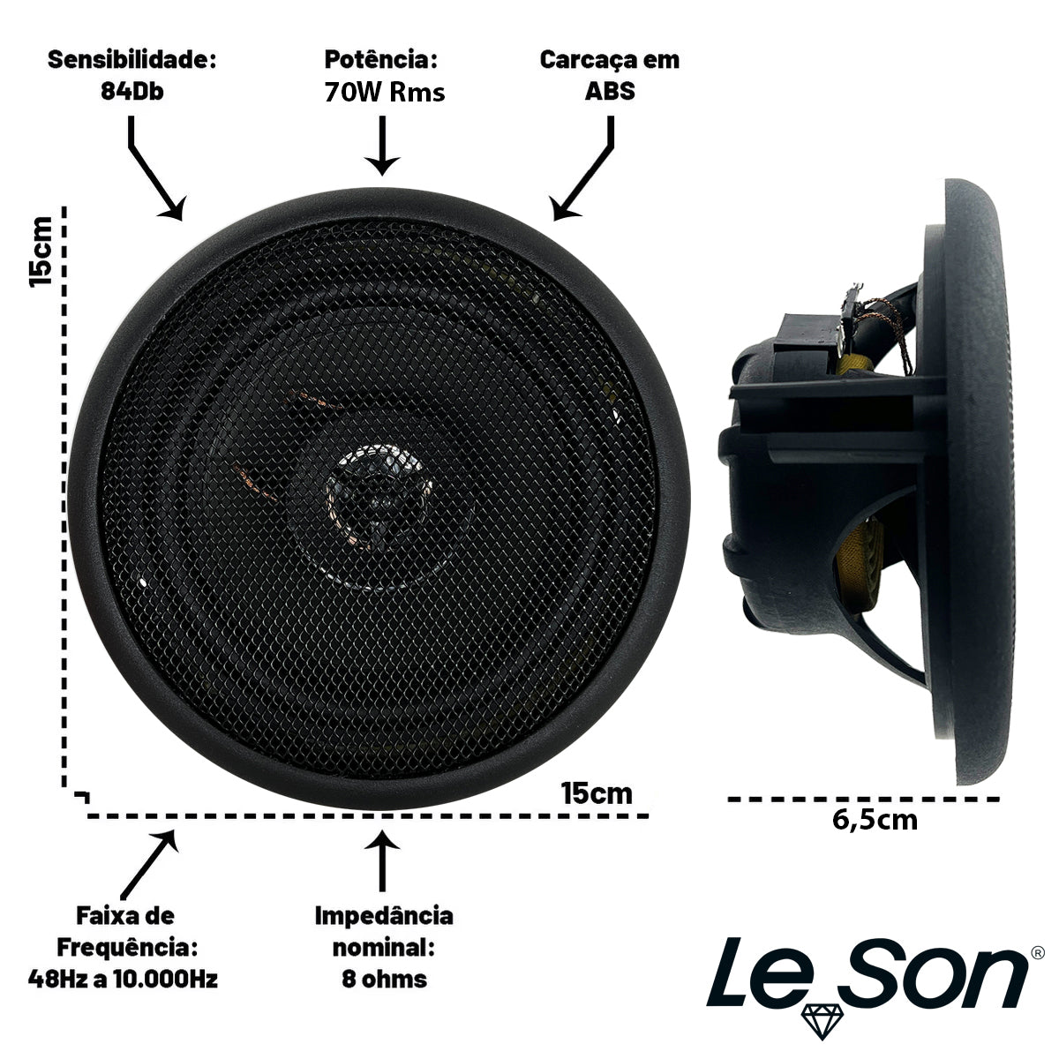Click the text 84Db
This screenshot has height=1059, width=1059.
131,91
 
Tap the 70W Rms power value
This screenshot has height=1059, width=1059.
384,92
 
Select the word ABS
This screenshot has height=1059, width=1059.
610,91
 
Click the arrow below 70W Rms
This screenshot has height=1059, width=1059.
382,145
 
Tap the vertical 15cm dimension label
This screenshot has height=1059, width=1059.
41,252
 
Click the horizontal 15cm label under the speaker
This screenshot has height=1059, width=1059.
597,793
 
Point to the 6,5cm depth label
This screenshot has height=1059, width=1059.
875,835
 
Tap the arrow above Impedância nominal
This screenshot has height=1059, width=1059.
382,861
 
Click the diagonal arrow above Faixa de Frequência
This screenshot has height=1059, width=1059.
149,864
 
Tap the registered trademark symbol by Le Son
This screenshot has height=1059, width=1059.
1038,952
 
